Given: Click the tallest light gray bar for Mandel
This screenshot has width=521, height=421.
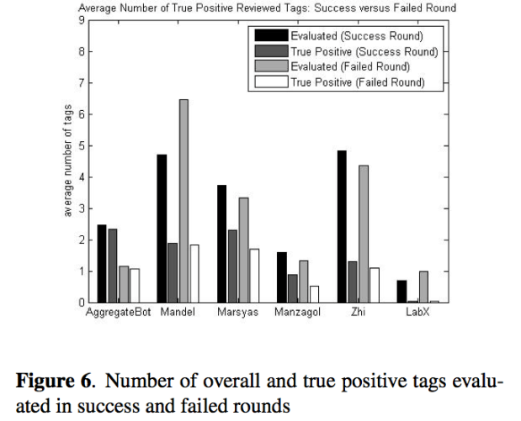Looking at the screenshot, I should pos(183,202).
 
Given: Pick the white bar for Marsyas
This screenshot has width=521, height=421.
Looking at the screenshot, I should pos(254,276).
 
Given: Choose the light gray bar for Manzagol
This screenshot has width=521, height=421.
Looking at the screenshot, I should pos(304,282).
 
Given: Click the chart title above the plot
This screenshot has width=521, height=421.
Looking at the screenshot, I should pos(267,8).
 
